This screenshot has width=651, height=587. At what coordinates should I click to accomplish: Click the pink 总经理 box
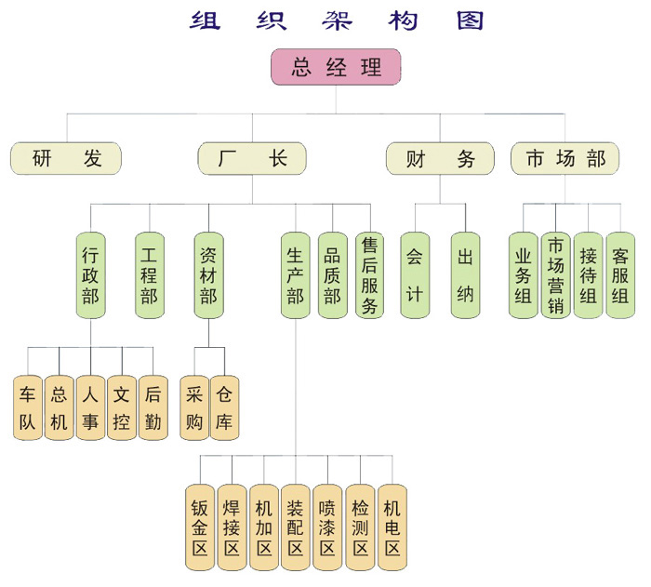click(x=336, y=67)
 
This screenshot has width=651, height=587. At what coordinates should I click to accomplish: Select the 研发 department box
click(x=66, y=159)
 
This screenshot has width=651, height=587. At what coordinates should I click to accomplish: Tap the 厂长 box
click(x=252, y=159)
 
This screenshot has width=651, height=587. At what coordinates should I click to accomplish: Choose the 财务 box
click(x=441, y=159)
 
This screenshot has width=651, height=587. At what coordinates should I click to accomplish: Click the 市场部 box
click(x=565, y=159)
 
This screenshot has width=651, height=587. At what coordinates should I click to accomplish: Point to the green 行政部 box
click(x=90, y=274)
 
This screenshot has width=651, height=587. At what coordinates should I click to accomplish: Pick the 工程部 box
click(x=149, y=274)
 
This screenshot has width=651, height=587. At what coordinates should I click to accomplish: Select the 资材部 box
click(x=208, y=274)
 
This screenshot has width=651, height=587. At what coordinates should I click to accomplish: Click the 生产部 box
click(x=295, y=274)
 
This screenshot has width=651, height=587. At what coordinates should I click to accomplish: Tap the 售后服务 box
click(x=369, y=274)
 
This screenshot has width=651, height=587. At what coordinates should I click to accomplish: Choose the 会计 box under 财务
click(x=415, y=274)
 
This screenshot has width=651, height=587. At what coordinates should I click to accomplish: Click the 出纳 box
click(x=465, y=274)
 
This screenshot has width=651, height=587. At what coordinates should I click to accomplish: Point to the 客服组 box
click(x=620, y=274)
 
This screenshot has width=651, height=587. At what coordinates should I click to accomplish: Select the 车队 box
click(x=28, y=407)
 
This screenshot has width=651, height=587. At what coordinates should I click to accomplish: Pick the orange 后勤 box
click(x=153, y=407)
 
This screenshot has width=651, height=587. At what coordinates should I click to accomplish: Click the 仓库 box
click(x=224, y=407)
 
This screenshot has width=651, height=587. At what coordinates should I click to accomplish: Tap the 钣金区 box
click(x=200, y=527)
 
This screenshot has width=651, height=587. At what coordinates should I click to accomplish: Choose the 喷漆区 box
click(x=326, y=527)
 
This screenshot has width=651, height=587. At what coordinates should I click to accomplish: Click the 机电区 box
click(x=392, y=527)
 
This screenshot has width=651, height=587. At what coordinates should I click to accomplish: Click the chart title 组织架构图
click(x=336, y=20)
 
